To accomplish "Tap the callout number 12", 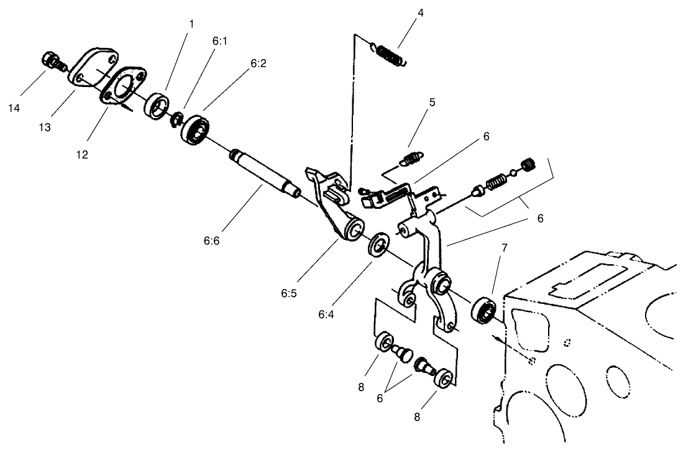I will click(81, 154).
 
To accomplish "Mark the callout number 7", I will click(505, 247).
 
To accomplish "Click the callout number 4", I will click(421, 13).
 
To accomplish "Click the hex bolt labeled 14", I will click(50, 61).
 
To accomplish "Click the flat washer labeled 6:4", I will click(378, 244).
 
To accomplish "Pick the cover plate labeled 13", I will click(93, 69).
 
